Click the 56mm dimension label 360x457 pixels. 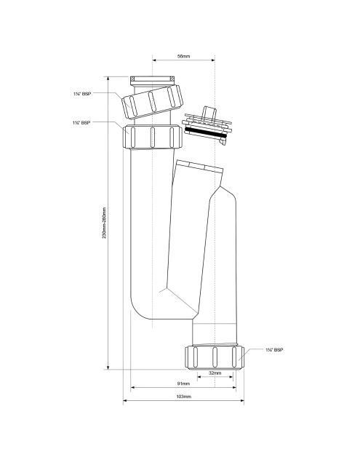point(183,56)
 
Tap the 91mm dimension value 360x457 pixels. point(183,384)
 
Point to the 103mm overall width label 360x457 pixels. point(183,397)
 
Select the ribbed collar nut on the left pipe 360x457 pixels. point(153,136)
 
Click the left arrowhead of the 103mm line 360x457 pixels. point(124,400)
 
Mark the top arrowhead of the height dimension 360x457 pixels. point(108,76)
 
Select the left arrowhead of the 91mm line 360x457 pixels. point(132,388)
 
